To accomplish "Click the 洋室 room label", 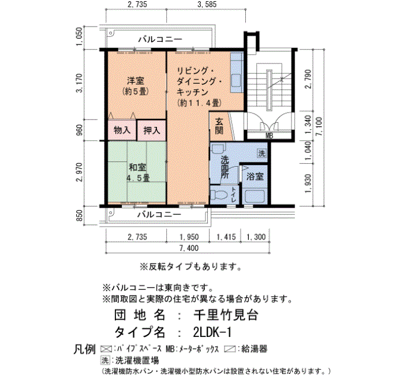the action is pos(136,81).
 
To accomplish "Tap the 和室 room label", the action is pos(137,167).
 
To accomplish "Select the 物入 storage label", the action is pos(122,130).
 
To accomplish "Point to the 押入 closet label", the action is pos(152,130).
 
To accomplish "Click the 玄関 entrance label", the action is pos(219,126).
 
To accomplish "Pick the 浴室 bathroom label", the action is pos(255,177).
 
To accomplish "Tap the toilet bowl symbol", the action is pos(219,195).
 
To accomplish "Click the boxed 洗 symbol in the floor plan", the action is pos(261,154).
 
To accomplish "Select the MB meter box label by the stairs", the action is pos(270,136).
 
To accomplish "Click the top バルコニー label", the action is pos(160,39).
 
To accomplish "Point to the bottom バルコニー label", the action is pos(159,214).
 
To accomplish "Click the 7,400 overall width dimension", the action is pos(189,248).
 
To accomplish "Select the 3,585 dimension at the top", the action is pos(207,4).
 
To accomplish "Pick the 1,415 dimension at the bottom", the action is pos(226,237).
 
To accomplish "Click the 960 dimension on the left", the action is pos(80,130).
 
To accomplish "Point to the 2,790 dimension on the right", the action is pos(308,78).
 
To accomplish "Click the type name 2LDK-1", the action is pos(212,332).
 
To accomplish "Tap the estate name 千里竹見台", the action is pos(226,315).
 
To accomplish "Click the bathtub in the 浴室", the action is pos(255,196).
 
